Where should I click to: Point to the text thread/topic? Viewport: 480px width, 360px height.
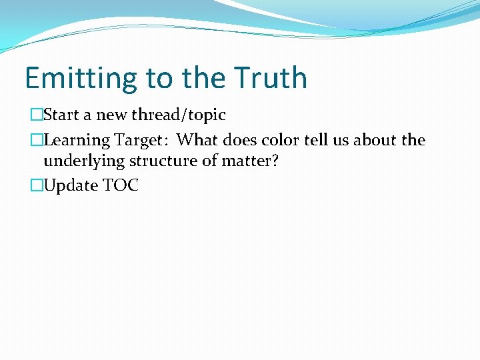pos(179,115)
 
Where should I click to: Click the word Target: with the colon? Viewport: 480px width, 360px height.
pos(141,141)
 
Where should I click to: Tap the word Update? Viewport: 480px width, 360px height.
pos(71,186)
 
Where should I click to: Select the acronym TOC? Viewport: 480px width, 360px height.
pos(121,185)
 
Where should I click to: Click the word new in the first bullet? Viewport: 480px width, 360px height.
pos(112,115)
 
